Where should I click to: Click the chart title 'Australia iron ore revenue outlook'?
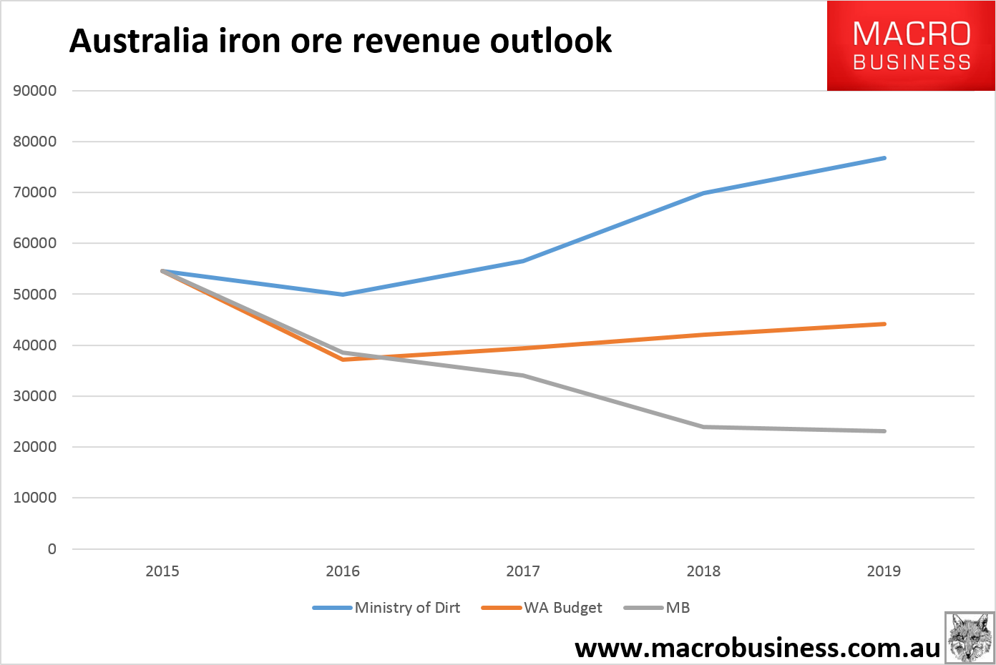(341, 41)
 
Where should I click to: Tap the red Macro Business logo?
(911, 46)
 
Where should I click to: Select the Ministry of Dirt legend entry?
(407, 608)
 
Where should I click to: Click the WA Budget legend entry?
(563, 608)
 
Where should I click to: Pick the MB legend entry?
(678, 608)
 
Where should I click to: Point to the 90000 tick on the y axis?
(35, 91)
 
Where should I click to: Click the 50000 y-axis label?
(35, 294)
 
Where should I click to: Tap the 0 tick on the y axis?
(52, 549)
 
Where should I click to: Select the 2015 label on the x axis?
(162, 571)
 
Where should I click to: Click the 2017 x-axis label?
(523, 571)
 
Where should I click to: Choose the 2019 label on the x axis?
(884, 571)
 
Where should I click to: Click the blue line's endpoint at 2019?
(884, 158)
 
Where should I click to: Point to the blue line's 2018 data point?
(704, 193)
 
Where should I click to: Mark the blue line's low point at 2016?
(343, 295)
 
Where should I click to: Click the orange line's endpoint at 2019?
(884, 324)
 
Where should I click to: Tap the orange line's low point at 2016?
(343, 359)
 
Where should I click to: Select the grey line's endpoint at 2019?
(884, 431)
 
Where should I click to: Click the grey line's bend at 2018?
(704, 427)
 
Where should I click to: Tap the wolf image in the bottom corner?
(970, 637)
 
